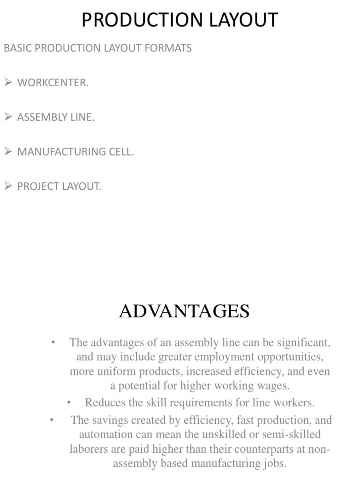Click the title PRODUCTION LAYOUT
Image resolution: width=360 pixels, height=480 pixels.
click(180, 20)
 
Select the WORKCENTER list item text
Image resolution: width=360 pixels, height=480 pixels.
click(53, 83)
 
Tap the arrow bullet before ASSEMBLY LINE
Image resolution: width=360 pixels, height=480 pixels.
click(8, 117)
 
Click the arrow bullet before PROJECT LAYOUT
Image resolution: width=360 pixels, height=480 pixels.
click(8, 186)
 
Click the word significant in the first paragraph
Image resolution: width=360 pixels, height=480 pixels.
click(303, 343)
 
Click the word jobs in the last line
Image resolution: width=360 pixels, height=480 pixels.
click(276, 464)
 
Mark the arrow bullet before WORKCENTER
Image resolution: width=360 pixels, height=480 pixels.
click(8, 82)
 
